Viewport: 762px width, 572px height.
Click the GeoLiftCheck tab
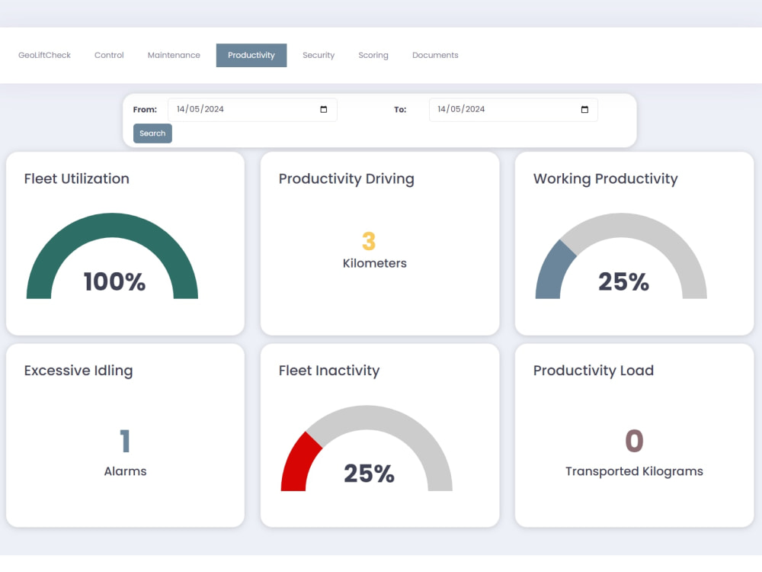click(44, 55)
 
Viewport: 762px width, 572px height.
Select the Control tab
click(109, 55)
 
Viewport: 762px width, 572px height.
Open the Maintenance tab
click(174, 55)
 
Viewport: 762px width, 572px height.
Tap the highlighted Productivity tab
click(251, 55)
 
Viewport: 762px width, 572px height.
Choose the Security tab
click(319, 55)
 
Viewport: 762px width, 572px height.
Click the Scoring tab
click(373, 55)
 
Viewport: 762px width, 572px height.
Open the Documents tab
click(435, 55)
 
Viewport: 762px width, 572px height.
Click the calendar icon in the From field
click(324, 109)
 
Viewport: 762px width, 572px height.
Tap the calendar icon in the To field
click(584, 109)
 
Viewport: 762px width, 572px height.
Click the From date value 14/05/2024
click(200, 109)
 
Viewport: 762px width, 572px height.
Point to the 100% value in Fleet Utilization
click(114, 281)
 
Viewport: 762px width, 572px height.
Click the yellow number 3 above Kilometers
click(369, 241)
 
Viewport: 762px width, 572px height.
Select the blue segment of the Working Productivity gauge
click(553, 270)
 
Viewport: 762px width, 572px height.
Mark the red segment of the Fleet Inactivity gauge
click(299, 463)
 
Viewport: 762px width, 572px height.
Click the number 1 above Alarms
click(125, 441)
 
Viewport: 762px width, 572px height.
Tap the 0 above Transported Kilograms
click(634, 441)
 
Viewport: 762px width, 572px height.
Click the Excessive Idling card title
click(78, 371)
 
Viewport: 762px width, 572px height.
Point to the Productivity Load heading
click(594, 371)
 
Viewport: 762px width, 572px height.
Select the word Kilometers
click(375, 263)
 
